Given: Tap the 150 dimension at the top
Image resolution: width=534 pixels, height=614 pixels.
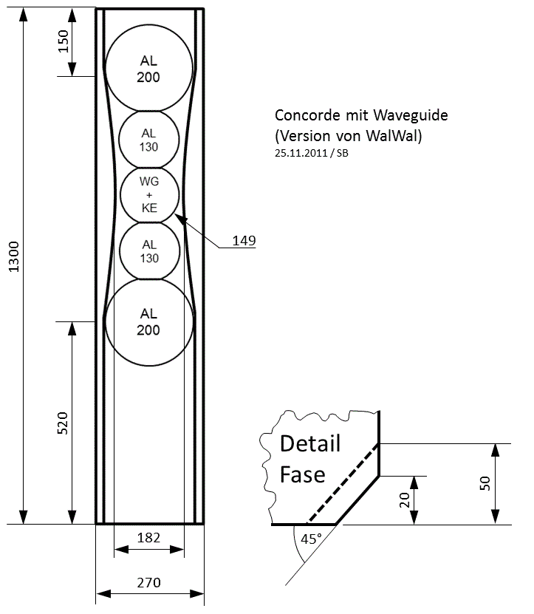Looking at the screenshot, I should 63,42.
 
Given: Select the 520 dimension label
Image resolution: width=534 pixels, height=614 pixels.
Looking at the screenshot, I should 63,423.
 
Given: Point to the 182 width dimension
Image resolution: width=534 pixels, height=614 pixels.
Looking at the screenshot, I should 149,538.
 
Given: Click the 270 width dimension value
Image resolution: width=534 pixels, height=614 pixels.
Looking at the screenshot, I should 149,583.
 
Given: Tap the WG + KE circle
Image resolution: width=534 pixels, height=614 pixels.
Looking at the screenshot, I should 149,195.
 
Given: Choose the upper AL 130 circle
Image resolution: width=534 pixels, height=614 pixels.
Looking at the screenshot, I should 149,140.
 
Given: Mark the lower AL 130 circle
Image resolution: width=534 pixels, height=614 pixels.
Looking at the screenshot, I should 149,251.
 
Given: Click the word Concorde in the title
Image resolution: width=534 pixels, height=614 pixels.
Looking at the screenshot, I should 304,115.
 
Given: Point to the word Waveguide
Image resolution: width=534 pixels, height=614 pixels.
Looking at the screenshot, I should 411,115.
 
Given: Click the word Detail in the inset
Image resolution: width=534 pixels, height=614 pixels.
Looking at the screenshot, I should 310,444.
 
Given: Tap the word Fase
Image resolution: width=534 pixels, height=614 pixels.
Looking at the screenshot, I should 302,474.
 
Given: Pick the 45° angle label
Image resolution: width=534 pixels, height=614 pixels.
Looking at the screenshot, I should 311,539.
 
